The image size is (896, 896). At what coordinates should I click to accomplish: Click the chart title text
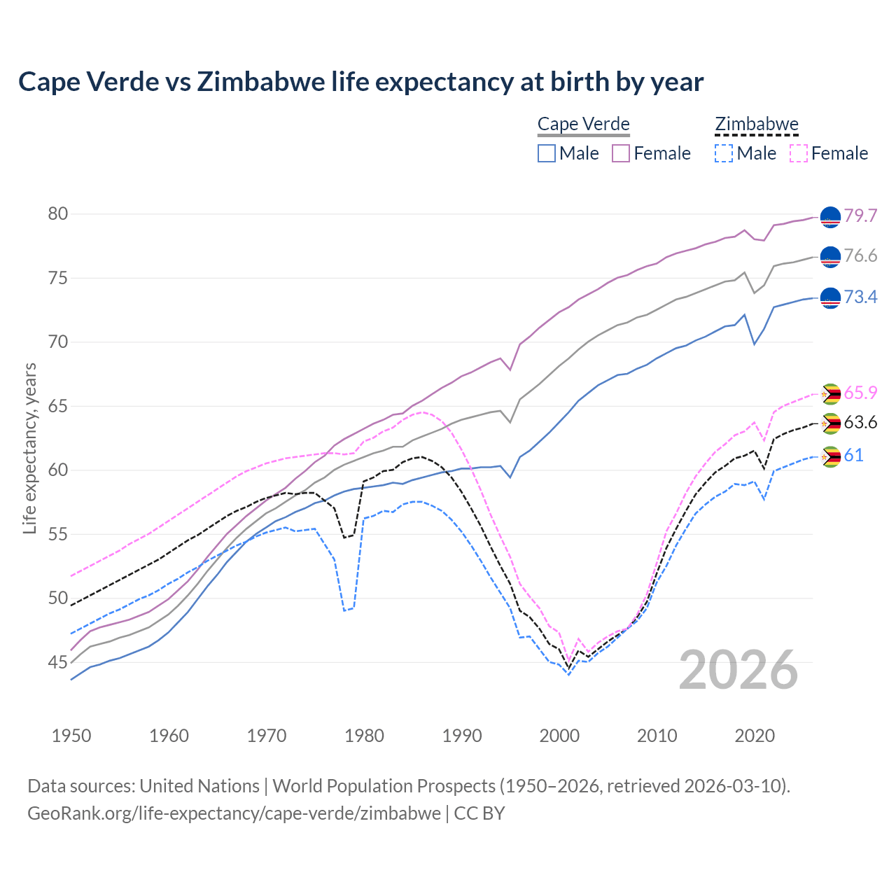coord(360,82)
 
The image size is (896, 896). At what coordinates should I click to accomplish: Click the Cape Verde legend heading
coord(583,125)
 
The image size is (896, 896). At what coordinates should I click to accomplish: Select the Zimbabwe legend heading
coord(756,125)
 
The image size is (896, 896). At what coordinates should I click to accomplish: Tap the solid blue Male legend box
coord(547,153)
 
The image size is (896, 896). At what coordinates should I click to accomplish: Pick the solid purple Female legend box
coord(621,153)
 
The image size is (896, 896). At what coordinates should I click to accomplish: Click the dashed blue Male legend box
coord(724,153)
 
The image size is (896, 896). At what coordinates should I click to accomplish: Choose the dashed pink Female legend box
coord(799,153)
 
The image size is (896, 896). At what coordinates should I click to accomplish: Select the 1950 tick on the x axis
coord(71,736)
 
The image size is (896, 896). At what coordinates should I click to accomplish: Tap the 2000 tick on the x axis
coord(559,736)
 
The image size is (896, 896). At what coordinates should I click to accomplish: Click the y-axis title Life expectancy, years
coord(29,448)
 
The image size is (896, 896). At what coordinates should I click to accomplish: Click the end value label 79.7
coord(860,216)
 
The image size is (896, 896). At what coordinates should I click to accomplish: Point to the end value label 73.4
coord(860,297)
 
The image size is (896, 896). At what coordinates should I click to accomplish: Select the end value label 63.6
coord(860,423)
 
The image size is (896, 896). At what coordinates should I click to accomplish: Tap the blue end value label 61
coord(853,456)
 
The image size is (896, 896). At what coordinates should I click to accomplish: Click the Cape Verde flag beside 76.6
coord(830,257)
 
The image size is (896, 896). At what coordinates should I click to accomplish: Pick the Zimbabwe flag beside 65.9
coord(830,394)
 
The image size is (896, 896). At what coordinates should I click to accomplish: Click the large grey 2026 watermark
coord(738,670)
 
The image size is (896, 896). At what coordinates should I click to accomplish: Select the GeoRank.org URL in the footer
coord(234,813)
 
